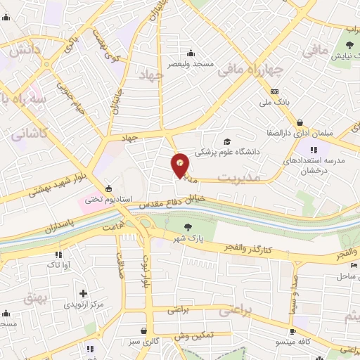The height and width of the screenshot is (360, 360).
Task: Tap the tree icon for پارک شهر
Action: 188,226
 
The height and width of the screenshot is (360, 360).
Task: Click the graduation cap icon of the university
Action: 226,141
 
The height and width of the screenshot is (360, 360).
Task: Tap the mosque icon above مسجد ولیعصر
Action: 191,52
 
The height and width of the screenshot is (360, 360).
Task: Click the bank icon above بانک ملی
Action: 274,91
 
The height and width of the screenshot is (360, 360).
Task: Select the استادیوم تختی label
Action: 109,200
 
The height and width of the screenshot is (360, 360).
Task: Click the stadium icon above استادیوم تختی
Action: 108,188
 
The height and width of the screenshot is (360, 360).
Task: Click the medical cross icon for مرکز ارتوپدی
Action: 84,293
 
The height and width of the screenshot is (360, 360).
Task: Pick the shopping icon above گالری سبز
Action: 143,330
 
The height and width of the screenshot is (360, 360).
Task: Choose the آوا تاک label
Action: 58,265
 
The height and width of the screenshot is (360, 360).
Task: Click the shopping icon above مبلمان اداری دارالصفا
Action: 300,122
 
